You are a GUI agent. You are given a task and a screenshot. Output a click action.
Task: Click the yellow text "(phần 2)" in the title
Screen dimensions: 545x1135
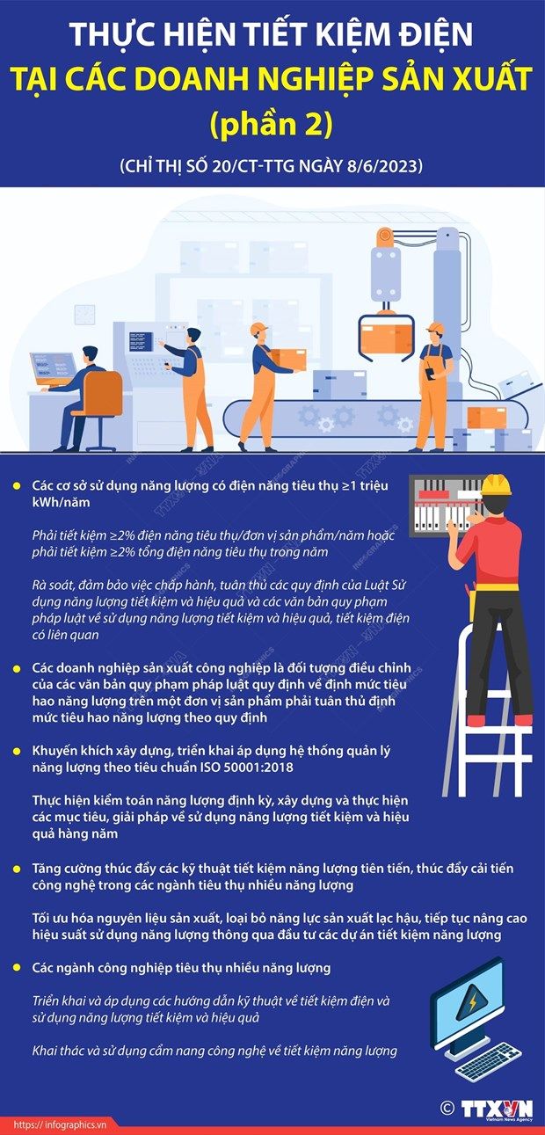272,124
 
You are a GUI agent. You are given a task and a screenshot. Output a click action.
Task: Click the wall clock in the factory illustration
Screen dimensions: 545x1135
84,314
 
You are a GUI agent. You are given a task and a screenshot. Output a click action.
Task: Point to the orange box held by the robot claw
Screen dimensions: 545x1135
385,338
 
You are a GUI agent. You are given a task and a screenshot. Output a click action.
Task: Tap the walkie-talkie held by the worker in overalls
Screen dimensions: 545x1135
430,373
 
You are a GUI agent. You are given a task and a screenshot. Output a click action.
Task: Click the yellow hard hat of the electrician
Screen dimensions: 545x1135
496,485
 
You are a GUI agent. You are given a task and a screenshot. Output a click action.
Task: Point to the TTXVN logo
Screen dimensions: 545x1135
497,1109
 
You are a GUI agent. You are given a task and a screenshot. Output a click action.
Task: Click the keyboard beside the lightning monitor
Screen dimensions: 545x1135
488,1061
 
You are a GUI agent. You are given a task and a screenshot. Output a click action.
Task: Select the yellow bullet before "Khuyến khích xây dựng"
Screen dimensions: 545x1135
17,751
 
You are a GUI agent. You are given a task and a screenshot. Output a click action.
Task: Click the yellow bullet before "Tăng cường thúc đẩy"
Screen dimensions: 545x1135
17,869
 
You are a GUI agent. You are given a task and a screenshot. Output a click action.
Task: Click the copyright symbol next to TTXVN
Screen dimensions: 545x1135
447,1108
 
